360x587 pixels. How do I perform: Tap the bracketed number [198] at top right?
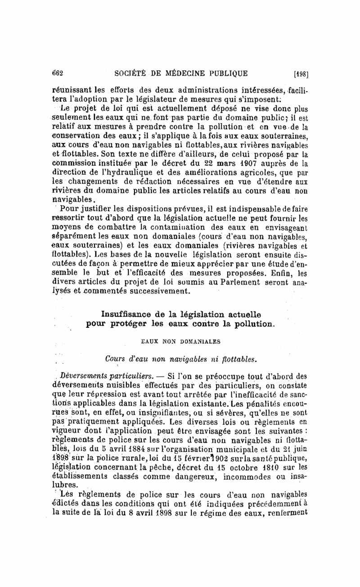click(300, 74)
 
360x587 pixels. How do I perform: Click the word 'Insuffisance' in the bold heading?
click(128, 313)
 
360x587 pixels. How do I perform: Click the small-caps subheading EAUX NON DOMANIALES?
click(178, 341)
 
